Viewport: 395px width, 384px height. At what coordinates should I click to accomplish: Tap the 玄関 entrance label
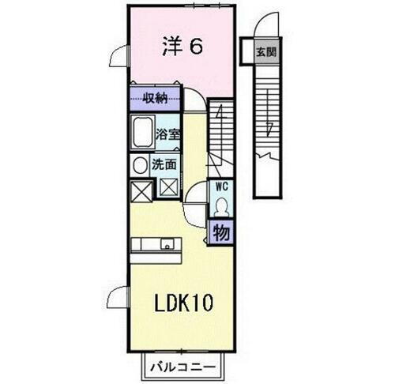(265, 53)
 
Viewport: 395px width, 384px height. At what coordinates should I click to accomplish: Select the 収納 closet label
(156, 99)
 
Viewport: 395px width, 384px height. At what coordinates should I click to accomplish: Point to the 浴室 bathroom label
(168, 134)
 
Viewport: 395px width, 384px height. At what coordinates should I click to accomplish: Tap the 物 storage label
(220, 233)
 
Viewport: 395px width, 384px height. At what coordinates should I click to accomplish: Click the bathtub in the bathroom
(143, 134)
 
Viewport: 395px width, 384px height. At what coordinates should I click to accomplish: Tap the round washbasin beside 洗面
(139, 166)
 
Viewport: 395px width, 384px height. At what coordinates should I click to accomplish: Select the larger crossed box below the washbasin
(140, 191)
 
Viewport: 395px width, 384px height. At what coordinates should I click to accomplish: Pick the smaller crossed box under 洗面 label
(168, 187)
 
